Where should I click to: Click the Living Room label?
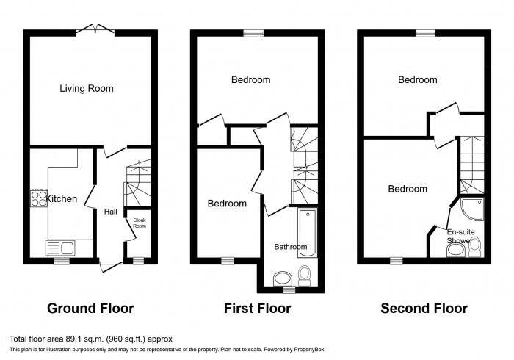click(87, 88)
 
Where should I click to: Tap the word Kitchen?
click(62, 199)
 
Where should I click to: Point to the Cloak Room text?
click(138, 222)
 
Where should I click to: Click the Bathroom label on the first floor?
click(291, 247)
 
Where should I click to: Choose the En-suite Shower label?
click(460, 236)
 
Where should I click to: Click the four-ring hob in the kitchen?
click(38, 199)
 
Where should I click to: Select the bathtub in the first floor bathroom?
click(307, 231)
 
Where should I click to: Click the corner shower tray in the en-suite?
click(472, 209)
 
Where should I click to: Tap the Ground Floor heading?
click(90, 309)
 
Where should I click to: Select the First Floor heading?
click(257, 309)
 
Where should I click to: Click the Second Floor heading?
click(424, 309)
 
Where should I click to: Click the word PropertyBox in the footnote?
click(308, 350)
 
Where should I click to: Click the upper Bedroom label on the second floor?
click(418, 79)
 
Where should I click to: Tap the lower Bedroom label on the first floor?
click(227, 204)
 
